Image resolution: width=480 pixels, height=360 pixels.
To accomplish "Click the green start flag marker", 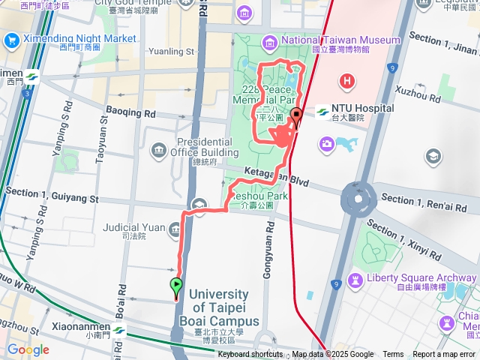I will (x=176, y=285).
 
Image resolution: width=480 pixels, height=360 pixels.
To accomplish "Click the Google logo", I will (x=28, y=350).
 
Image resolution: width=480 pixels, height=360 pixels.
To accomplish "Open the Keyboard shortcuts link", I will (x=250, y=355).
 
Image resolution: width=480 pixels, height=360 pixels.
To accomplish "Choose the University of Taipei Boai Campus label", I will (x=220, y=308).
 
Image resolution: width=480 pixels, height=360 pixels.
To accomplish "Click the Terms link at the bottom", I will (x=393, y=355).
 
